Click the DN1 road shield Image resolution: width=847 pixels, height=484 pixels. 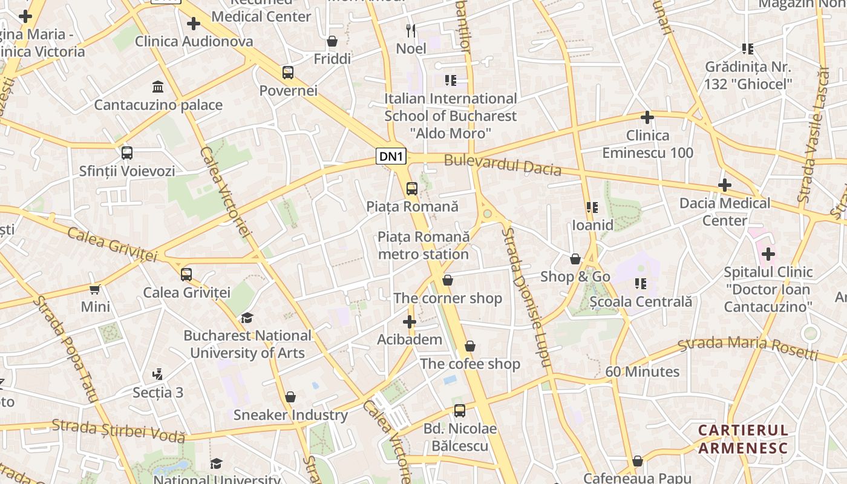(391, 157)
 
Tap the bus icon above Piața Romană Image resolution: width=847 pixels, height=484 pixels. (412, 189)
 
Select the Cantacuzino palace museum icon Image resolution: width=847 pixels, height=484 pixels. (158, 87)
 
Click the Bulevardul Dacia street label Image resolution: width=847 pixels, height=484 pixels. (503, 165)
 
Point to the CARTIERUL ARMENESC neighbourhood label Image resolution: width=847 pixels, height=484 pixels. (744, 439)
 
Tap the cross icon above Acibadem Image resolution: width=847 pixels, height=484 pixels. (410, 322)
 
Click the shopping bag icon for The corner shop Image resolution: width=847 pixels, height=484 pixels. (448, 280)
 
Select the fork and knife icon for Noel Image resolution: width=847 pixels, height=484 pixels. (411, 30)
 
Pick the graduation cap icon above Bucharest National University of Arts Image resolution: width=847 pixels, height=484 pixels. (247, 318)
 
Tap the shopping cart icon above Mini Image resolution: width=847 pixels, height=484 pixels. (95, 289)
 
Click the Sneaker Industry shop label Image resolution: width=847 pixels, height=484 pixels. (290, 415)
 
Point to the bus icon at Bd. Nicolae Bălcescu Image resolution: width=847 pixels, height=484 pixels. (460, 411)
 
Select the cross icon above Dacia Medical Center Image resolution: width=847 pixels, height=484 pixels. (724, 185)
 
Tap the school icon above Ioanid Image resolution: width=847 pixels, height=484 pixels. (592, 208)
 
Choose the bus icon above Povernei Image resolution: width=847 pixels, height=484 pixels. (288, 73)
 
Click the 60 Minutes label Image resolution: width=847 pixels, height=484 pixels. (643, 371)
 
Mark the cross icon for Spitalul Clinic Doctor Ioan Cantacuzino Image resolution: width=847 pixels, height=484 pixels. (768, 254)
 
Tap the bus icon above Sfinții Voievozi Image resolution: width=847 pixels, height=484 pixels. (127, 153)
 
